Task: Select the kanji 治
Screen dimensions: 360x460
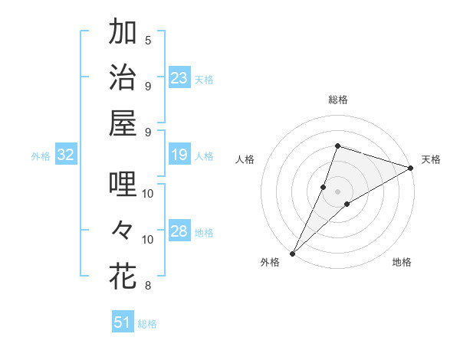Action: (123, 78)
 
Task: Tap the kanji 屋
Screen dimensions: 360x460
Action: (123, 123)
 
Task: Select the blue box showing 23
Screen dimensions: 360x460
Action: (179, 78)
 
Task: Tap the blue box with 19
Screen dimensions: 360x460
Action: (179, 155)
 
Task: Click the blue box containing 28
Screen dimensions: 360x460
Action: (179, 232)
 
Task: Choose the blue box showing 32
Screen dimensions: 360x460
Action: (66, 155)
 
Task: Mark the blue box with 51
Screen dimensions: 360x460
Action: (123, 322)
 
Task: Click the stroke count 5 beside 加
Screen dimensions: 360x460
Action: (148, 40)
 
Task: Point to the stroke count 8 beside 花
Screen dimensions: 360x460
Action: (148, 286)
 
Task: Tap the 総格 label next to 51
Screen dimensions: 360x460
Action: (147, 324)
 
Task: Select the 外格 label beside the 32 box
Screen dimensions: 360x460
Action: (41, 156)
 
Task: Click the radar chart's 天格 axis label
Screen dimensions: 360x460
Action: (431, 159)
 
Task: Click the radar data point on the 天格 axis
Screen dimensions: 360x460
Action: (411, 169)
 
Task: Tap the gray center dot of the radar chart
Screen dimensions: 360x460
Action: (338, 191)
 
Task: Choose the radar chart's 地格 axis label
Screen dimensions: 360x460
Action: (402, 263)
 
